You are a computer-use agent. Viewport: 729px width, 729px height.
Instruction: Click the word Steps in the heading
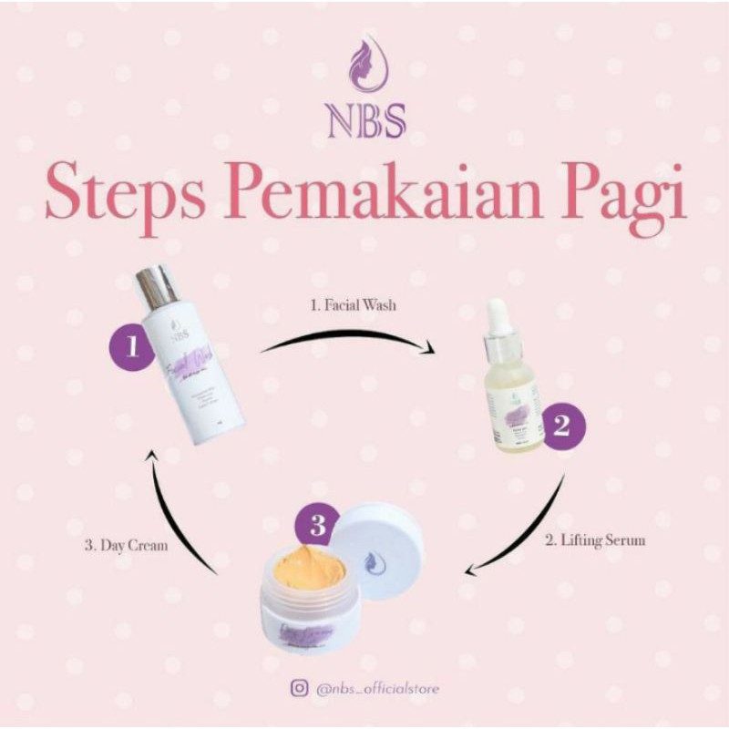(122, 192)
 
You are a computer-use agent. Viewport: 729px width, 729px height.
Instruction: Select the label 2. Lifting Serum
(595, 539)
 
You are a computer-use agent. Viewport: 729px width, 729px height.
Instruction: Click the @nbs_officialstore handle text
(377, 689)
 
